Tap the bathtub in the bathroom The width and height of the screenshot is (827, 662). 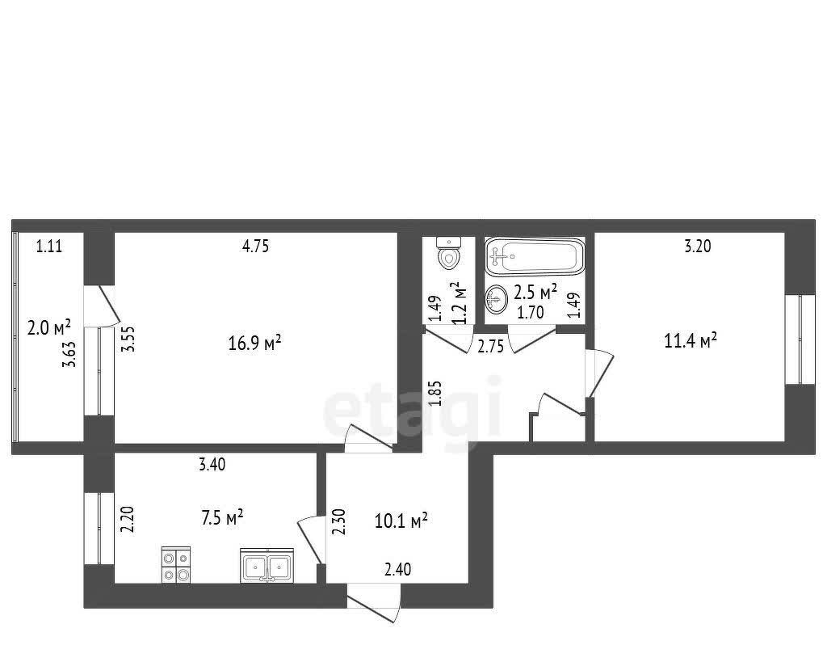click(x=535, y=256)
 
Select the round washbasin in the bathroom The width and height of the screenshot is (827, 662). click(x=497, y=299)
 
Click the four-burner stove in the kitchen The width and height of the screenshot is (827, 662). click(x=175, y=565)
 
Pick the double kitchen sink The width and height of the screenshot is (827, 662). click(x=267, y=565)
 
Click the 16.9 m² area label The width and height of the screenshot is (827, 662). click(x=254, y=344)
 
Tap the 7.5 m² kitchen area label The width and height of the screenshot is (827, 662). click(x=222, y=517)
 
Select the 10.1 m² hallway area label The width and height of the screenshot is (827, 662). click(x=401, y=521)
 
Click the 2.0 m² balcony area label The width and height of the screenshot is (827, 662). click(x=49, y=328)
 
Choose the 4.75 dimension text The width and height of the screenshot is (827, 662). click(x=255, y=246)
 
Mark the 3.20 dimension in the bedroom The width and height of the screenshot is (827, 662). click(x=698, y=246)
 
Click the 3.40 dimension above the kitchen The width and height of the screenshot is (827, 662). click(x=212, y=465)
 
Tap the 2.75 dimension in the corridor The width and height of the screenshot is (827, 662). click(x=490, y=347)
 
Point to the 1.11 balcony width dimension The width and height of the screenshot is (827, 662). click(x=49, y=246)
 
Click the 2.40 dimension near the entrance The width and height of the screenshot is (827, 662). click(x=398, y=569)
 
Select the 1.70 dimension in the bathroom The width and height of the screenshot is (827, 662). click(x=530, y=313)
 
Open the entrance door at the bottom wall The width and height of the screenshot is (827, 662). click(x=373, y=602)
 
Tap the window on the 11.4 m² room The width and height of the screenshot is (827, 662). click(x=793, y=339)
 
